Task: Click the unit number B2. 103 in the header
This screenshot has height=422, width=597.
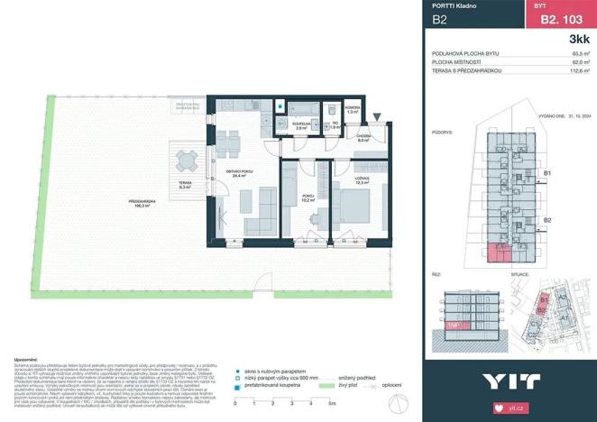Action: [557, 18]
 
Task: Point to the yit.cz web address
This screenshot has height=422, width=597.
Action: [516, 408]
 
